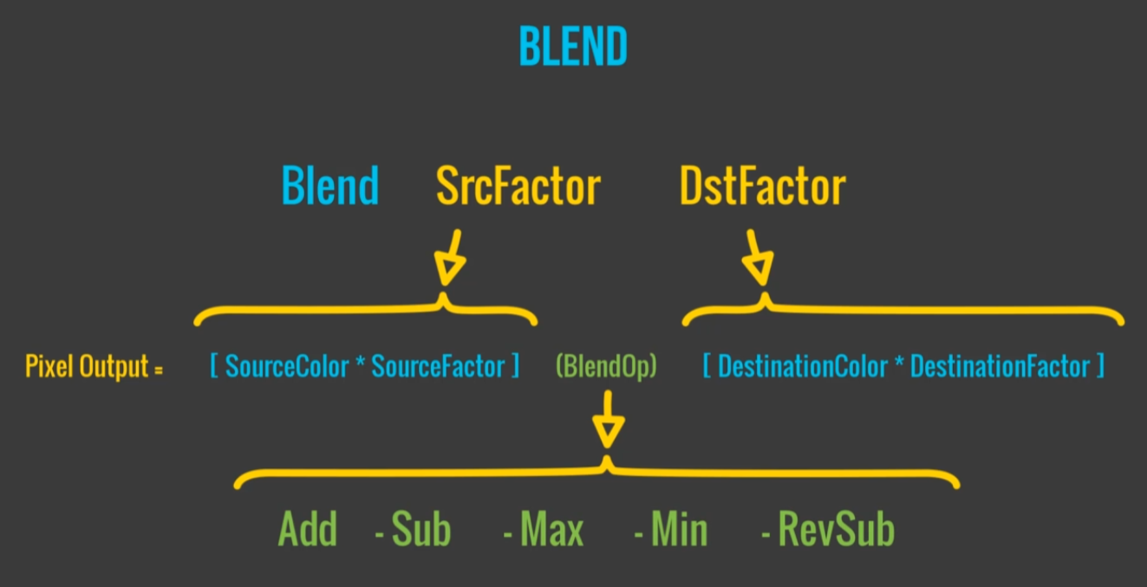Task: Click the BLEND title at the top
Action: tap(573, 48)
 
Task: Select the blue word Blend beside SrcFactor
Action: tap(330, 186)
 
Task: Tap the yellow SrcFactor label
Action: tap(518, 186)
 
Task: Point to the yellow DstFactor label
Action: tap(763, 186)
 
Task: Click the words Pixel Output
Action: tap(87, 367)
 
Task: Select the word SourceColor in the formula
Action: tap(286, 367)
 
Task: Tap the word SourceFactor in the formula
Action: tap(438, 367)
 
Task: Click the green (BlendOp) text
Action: tap(606, 367)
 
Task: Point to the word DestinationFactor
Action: tap(1000, 367)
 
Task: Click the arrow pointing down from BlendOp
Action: tap(607, 420)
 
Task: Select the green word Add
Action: tap(307, 530)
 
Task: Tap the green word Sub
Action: tap(421, 530)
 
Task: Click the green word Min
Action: tap(679, 530)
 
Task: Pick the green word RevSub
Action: tap(836, 530)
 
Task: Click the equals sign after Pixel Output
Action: tap(159, 369)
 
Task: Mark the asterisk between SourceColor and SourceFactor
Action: tap(358, 363)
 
